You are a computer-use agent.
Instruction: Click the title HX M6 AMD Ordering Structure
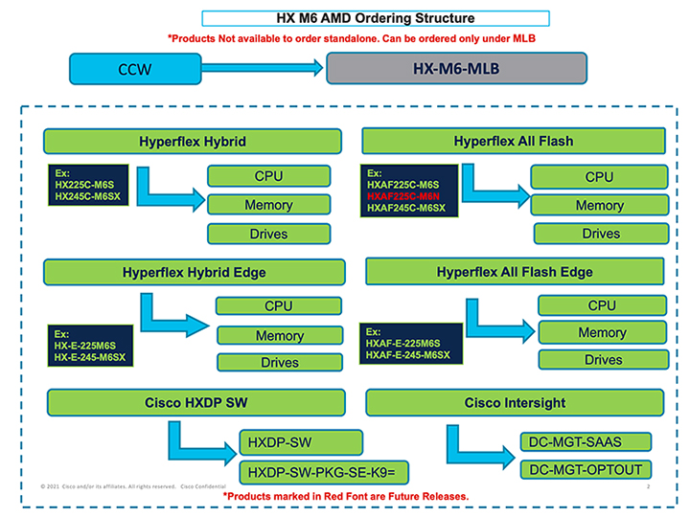click(375, 18)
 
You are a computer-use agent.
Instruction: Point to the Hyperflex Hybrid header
click(193, 142)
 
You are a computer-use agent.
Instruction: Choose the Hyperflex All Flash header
click(515, 142)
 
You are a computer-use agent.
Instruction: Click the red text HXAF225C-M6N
click(402, 196)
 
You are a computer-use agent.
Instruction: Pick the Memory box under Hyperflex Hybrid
click(268, 204)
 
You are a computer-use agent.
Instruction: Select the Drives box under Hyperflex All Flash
click(600, 233)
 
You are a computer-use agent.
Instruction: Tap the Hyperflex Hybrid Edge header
click(194, 272)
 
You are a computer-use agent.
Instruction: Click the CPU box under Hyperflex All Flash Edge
click(602, 305)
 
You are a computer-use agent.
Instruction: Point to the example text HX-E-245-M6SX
click(89, 358)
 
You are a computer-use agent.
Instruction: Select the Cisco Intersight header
click(515, 402)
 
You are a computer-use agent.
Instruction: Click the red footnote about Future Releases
click(346, 496)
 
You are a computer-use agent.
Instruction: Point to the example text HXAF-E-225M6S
click(403, 343)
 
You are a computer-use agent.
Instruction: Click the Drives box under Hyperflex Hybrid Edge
click(279, 363)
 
